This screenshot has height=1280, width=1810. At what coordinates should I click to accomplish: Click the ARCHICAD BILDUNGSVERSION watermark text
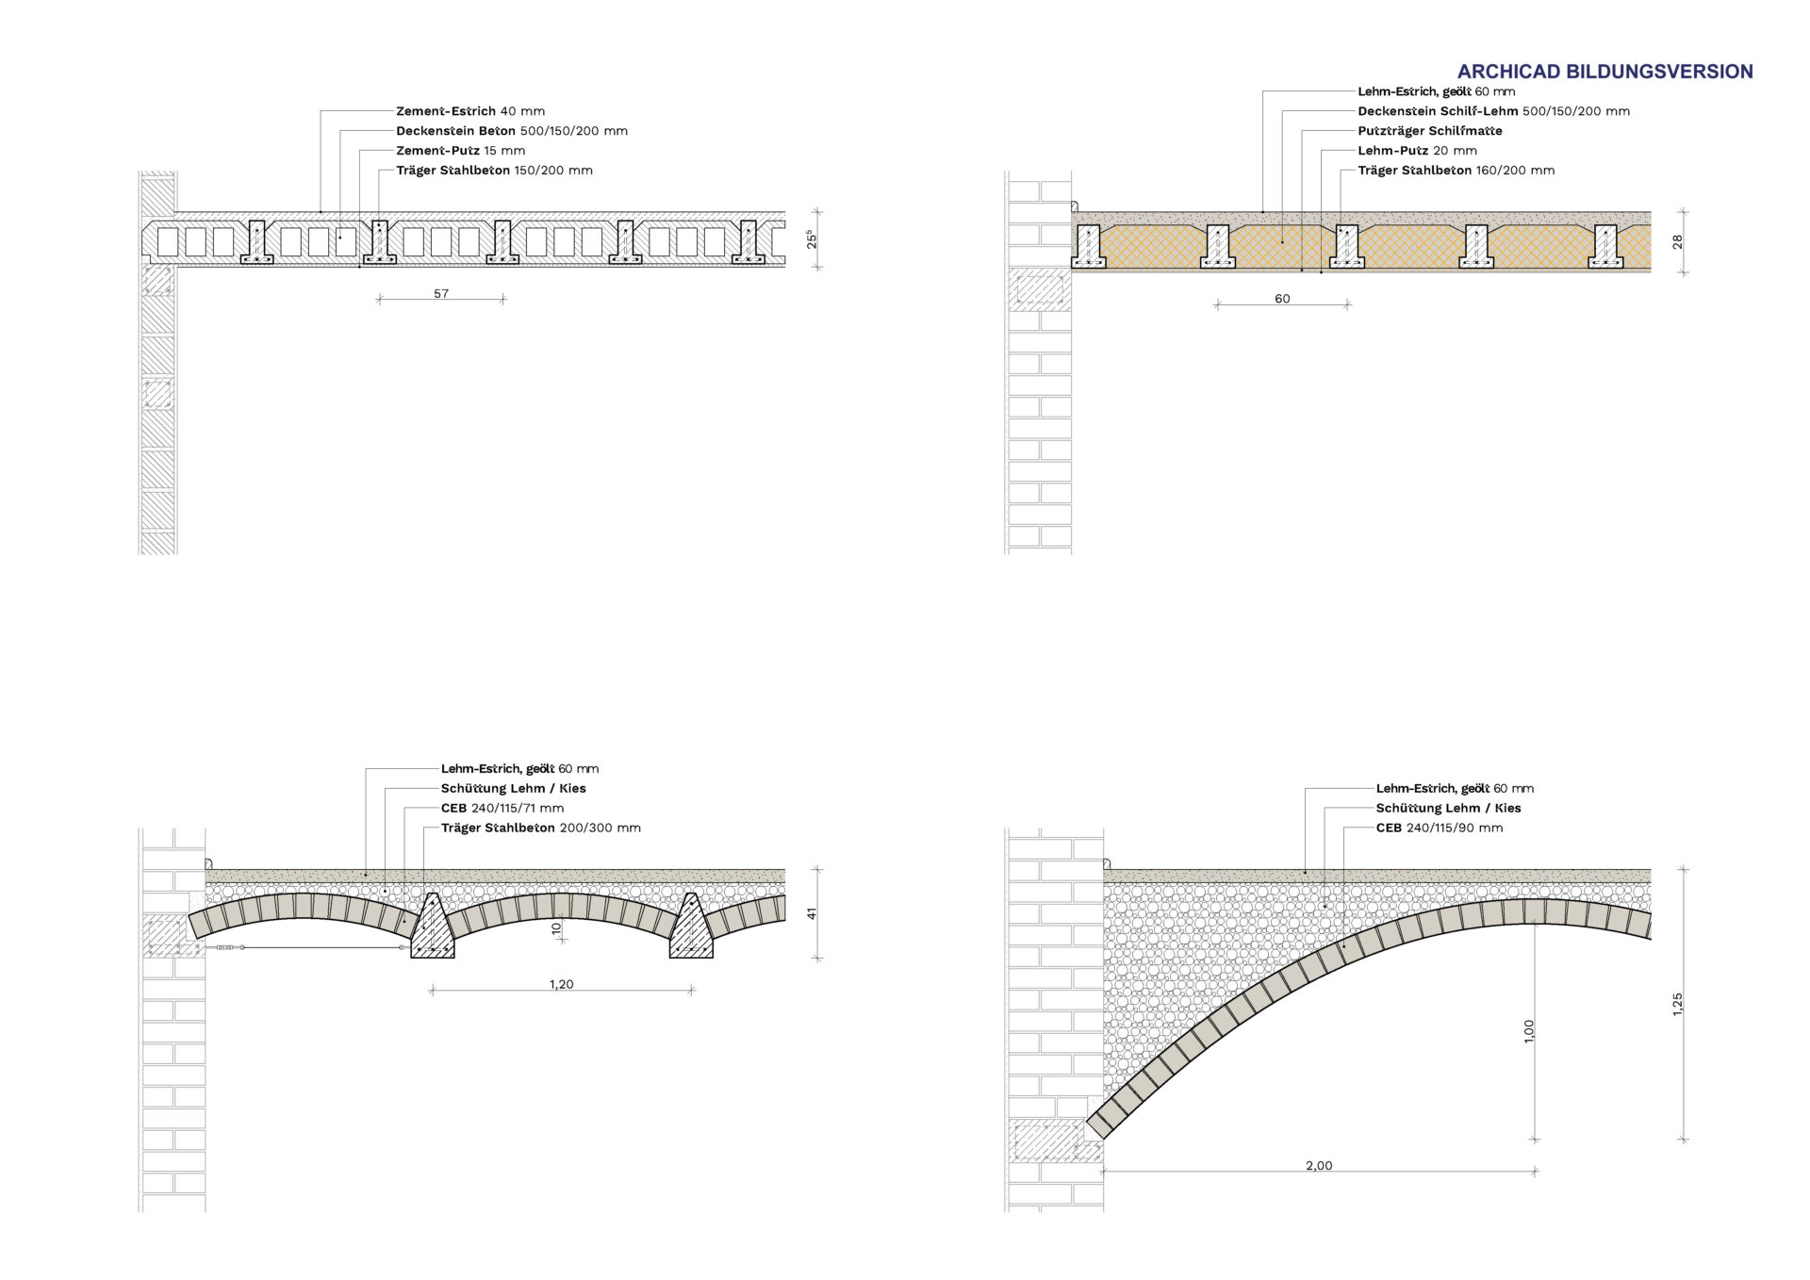point(1604,72)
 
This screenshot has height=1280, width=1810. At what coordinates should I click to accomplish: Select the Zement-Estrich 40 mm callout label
point(469,111)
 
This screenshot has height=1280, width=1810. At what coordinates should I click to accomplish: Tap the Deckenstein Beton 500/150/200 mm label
point(511,131)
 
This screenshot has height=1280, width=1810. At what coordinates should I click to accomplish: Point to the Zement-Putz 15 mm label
point(460,151)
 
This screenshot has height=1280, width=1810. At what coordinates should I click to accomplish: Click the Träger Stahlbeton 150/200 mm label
point(494,171)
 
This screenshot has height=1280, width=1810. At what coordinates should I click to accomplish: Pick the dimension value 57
point(441,294)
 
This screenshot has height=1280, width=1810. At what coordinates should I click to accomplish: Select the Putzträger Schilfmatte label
point(1429,131)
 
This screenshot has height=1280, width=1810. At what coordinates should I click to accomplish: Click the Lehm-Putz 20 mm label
point(1417,151)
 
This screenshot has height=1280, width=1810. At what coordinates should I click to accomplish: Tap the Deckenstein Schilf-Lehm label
point(1493,111)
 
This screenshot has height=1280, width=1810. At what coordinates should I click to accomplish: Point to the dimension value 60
point(1282,299)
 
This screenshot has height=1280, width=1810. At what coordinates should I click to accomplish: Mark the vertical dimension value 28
point(1677,242)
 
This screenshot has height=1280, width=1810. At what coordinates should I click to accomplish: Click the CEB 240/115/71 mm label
point(502,808)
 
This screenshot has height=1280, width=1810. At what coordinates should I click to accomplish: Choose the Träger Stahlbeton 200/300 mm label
point(540,828)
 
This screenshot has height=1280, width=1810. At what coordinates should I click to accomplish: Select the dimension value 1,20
point(561,984)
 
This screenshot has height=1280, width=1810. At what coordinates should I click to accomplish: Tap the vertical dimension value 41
point(812,913)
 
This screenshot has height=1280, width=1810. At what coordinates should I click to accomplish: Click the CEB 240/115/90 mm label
point(1439,828)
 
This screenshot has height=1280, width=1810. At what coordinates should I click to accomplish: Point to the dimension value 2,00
point(1319,1166)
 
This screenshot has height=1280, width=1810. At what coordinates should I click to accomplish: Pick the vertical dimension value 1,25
point(1677,1004)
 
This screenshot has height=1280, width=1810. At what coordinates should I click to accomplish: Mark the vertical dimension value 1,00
point(1528,1030)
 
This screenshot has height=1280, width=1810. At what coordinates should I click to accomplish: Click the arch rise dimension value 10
point(556,928)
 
